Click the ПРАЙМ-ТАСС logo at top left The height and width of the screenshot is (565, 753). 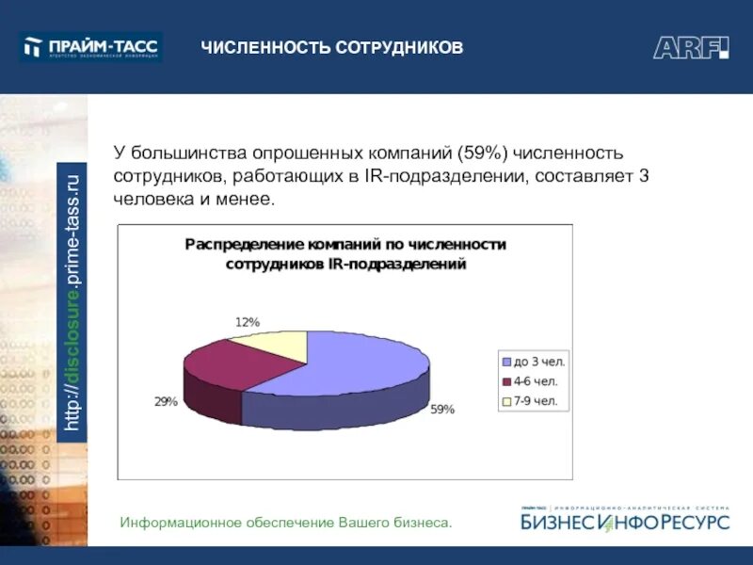click(91, 46)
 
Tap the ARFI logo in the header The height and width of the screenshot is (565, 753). click(691, 47)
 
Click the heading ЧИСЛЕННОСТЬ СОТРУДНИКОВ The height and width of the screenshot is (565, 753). click(331, 47)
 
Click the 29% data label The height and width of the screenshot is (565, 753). click(166, 401)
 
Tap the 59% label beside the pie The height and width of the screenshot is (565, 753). click(442, 410)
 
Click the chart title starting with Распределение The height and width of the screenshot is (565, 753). click(345, 254)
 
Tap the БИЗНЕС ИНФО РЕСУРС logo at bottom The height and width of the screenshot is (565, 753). click(625, 520)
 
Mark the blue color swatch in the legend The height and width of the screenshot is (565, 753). click(506, 362)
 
